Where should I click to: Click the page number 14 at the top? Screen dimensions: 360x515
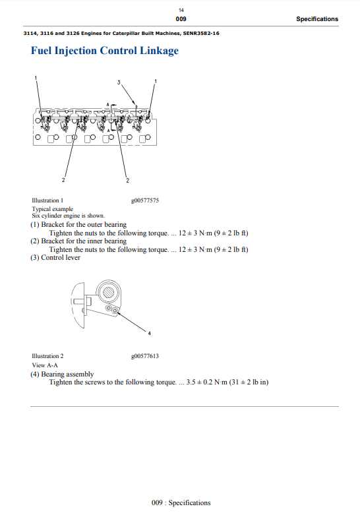(181, 10)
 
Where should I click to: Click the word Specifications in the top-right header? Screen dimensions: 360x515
(317, 19)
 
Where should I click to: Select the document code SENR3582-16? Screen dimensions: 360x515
(201, 33)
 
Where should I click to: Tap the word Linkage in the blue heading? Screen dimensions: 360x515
(160, 51)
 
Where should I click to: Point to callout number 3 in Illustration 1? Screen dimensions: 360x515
(119, 82)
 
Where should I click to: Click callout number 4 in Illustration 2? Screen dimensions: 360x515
(149, 334)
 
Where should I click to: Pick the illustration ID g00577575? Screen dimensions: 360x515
(145, 200)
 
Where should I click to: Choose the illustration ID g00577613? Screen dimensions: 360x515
(145, 356)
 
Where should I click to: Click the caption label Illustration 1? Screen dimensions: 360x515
(47, 200)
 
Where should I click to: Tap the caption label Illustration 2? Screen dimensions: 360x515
(47, 356)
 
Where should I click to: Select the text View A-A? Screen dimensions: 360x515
(45, 365)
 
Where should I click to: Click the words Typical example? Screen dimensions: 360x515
(53, 209)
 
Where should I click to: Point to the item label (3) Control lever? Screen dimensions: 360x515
(55, 257)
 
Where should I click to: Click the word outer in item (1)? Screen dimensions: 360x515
(94, 225)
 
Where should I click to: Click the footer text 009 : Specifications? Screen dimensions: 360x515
(181, 503)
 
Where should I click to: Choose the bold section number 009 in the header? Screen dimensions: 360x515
(181, 19)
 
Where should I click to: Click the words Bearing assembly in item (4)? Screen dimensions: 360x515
(67, 375)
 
